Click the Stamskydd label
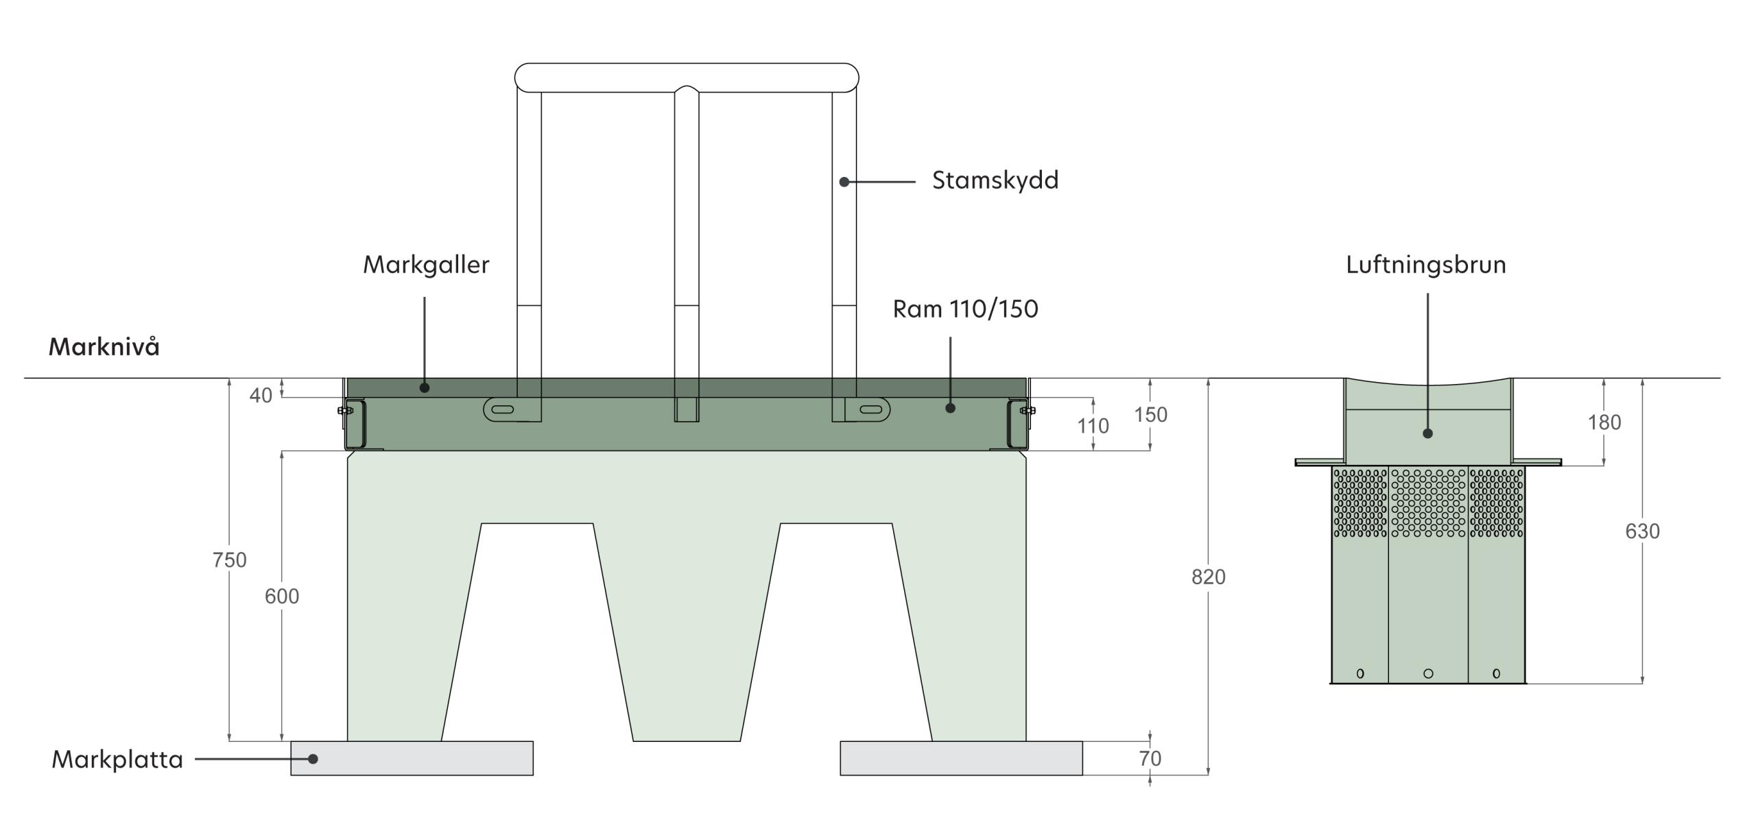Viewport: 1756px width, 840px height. coord(995,180)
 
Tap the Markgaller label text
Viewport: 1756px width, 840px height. coord(426,265)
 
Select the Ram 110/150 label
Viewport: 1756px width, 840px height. coord(965,309)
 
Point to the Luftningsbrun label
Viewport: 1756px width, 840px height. coord(1425,265)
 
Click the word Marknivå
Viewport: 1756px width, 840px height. coord(104,346)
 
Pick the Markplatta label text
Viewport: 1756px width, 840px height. coord(117,760)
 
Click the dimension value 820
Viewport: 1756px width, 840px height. coord(1208,577)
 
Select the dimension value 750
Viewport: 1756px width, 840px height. coord(229,560)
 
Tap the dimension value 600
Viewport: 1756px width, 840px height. coord(282,597)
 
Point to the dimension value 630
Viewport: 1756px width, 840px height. coord(1642,531)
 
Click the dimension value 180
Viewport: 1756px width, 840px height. coord(1604,422)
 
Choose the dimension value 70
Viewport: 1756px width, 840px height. coord(1150,758)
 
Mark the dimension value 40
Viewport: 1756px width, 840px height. coord(261,396)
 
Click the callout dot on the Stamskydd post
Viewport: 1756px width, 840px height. coord(844,182)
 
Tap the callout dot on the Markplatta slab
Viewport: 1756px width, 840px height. coord(313,759)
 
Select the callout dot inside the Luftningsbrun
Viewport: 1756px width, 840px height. coord(1427,433)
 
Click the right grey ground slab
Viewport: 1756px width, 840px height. coord(961,758)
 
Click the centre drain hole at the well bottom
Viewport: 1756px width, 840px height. coord(1428,673)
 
